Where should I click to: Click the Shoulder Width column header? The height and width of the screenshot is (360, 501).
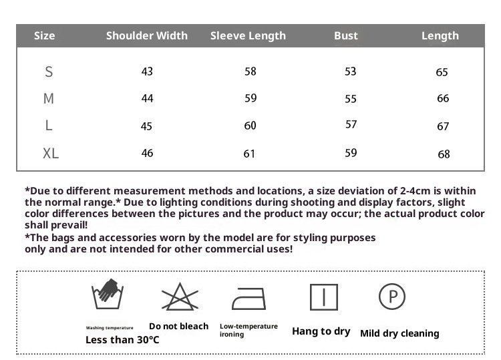(x=147, y=35)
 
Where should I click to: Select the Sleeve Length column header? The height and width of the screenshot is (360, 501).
(x=248, y=35)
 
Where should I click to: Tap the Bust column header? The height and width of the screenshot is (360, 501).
(x=346, y=35)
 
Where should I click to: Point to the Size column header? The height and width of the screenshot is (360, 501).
(x=45, y=35)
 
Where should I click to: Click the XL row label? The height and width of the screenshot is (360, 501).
(x=51, y=154)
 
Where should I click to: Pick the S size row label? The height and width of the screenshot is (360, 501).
(x=49, y=71)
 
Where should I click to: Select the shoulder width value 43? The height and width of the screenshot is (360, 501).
(x=147, y=71)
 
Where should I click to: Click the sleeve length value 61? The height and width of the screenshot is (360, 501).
(x=249, y=154)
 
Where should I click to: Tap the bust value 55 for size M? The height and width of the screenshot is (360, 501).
(x=351, y=99)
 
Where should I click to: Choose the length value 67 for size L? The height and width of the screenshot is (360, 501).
(x=443, y=126)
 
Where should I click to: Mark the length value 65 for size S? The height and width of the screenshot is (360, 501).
(x=442, y=72)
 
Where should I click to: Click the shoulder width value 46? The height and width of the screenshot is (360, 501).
(x=147, y=153)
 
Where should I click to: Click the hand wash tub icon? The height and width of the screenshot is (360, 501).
(x=108, y=295)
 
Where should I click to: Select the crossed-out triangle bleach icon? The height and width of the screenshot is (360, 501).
(x=178, y=296)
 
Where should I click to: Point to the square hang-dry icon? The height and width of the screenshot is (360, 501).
(x=323, y=297)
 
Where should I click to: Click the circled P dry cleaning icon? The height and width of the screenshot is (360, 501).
(x=393, y=296)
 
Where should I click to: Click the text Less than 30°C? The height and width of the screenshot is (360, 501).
(x=122, y=340)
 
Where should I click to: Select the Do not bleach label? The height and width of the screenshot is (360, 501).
(x=178, y=326)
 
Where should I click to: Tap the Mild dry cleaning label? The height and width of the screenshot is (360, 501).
(x=399, y=333)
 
